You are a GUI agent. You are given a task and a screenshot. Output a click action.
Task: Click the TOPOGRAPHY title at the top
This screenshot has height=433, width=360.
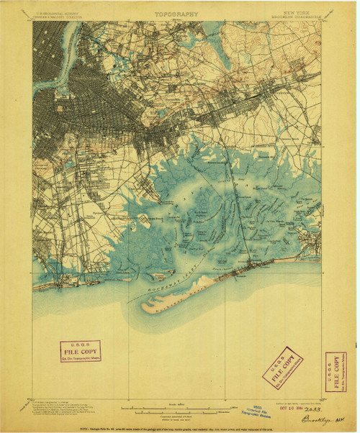click(176, 13)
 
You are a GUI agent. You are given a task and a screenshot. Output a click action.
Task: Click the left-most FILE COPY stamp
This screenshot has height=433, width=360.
click(81, 350)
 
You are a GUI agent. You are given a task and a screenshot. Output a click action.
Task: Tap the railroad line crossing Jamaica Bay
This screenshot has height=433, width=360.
click(232, 201)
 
